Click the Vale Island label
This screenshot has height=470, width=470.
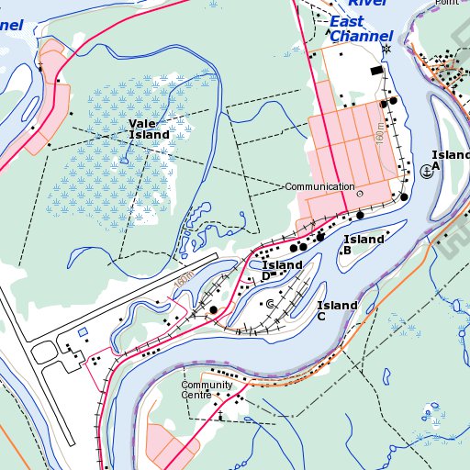pos(149,129)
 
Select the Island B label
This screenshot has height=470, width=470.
pos(364,244)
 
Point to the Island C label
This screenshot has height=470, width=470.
pos(337,310)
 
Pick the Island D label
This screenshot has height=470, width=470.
pos(282,270)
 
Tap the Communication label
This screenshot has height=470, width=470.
pos(319,187)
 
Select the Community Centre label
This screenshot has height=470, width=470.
pos(207,389)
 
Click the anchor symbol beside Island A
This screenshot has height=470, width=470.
pos(427,171)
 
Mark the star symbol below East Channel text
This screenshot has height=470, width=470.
pos(386,49)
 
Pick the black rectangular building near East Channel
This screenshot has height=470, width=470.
pos(375,71)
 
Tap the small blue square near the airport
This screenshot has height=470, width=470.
pos(82,331)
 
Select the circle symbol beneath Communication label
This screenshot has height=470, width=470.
pos(359,195)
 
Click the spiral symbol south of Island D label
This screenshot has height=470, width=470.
pos(270,303)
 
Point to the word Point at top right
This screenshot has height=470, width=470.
pos(447,3)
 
